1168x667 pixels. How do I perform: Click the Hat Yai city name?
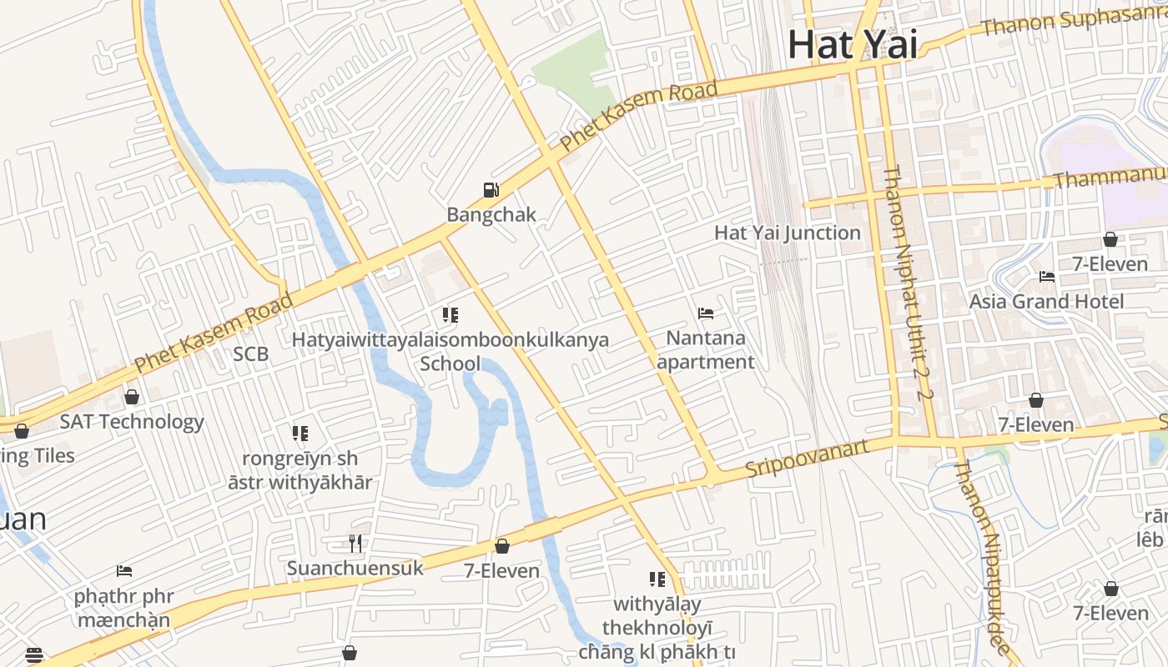[852, 44]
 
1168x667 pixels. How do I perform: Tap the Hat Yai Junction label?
[787, 233]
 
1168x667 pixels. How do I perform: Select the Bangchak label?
[491, 214]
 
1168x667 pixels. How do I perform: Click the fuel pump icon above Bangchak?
[491, 190]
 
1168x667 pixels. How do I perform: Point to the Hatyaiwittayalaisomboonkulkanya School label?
[450, 351]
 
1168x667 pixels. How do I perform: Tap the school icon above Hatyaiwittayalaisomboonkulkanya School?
[451, 315]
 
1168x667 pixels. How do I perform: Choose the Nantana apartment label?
[706, 350]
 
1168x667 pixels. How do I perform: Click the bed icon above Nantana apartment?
[706, 313]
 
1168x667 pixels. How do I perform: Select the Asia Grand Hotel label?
[1046, 301]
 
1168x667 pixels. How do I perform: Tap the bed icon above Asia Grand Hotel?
[1047, 277]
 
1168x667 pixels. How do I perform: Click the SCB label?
[250, 354]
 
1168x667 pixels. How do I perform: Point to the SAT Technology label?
[131, 422]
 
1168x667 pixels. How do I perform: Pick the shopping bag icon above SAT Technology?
[131, 397]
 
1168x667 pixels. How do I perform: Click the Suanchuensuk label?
[355, 569]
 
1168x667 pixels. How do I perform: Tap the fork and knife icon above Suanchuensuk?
[355, 544]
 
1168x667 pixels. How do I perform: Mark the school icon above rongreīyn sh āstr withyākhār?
[300, 434]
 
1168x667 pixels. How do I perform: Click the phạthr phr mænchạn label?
[123, 608]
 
